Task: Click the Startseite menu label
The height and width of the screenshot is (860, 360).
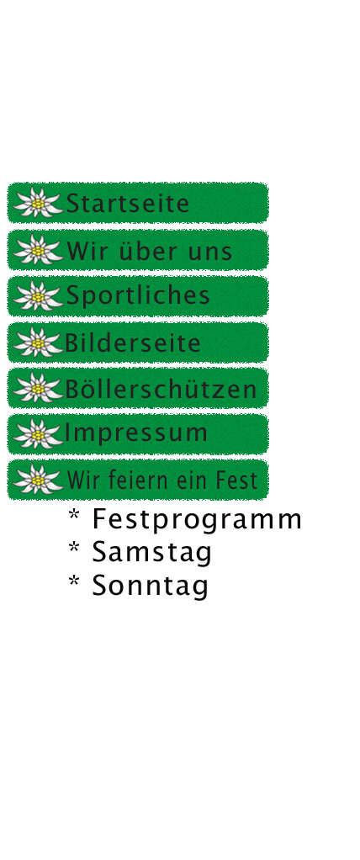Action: coord(128,204)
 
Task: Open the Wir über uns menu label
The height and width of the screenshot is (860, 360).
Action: coord(150,251)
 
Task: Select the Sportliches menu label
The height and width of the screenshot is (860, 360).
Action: coord(138,295)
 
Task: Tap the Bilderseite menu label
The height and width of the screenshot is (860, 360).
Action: coord(133,343)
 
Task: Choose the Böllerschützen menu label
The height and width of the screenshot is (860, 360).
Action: coord(161,389)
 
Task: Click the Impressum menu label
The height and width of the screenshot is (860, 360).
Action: coord(136,433)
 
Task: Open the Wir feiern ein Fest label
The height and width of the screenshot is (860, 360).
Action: coord(162,480)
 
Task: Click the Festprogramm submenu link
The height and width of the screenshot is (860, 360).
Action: coord(198,519)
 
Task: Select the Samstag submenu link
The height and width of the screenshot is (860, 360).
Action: coord(151,552)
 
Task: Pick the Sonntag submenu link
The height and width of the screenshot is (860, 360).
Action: coord(150,585)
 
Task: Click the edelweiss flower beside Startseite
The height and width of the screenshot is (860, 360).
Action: coord(37,203)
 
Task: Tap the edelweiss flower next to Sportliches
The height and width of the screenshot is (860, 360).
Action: coord(37,296)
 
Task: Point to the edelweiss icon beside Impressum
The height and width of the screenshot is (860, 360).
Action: coord(37,434)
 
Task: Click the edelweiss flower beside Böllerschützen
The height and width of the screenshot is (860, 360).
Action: coord(37,388)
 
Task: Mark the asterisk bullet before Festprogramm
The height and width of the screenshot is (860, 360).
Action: coord(73,516)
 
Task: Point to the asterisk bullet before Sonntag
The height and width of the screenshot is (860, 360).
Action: coord(73,582)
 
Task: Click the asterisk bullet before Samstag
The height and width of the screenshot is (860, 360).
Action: coord(73,549)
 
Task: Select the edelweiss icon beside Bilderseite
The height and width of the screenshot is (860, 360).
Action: coord(37,342)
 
